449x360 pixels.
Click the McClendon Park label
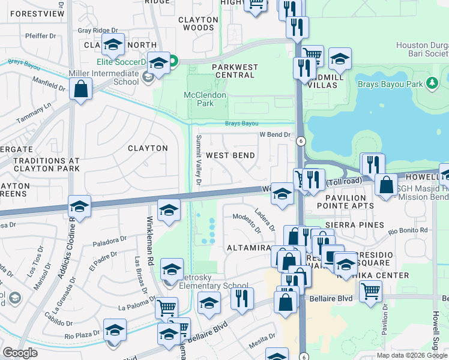[x=204, y=99]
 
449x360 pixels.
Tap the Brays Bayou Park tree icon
[x=431, y=83]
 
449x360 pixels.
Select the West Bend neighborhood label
[x=230, y=155]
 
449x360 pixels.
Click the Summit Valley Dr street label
[x=198, y=160]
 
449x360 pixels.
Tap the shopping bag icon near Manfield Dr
[x=80, y=90]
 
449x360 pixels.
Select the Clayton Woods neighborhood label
[x=198, y=23]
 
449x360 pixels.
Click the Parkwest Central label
[x=235, y=71]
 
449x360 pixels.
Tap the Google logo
[x=20, y=353]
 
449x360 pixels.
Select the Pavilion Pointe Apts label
[x=345, y=202]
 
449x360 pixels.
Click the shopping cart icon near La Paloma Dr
[x=166, y=308]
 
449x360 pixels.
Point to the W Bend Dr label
[x=274, y=135]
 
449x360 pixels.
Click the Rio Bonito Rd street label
[x=408, y=230]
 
